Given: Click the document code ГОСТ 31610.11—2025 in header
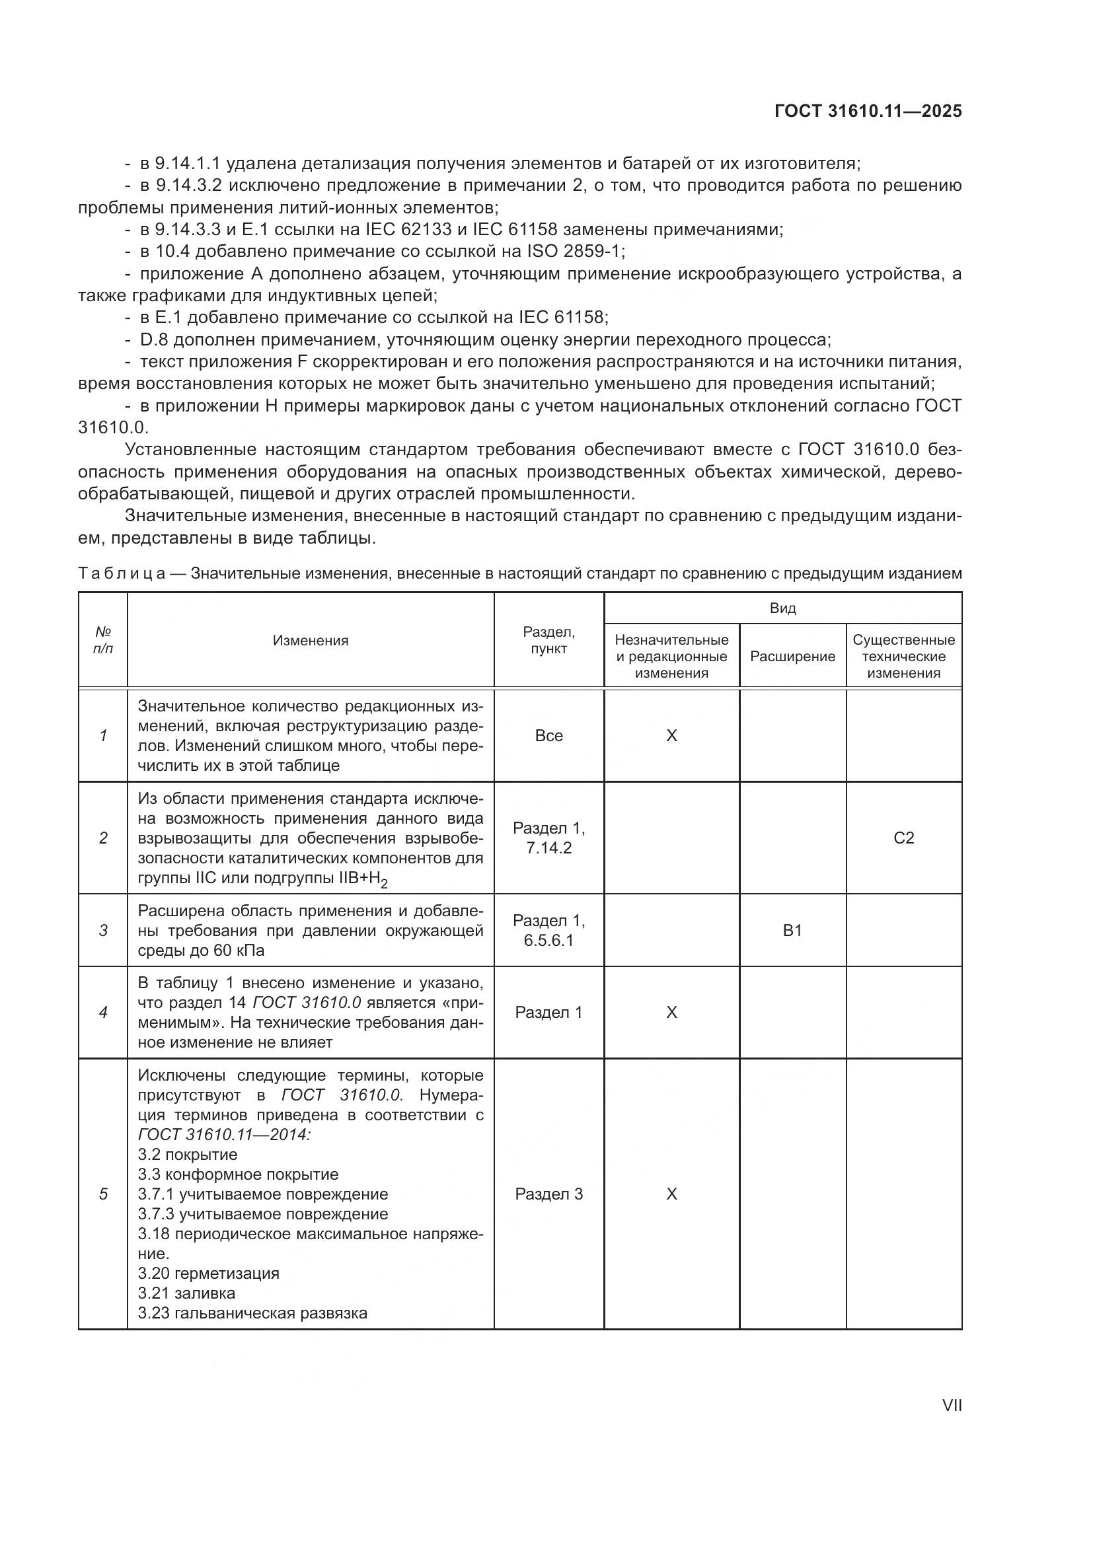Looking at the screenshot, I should pyautogui.click(x=868, y=112).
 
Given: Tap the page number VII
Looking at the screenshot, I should pyautogui.click(x=952, y=1406).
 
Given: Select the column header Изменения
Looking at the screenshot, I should pyautogui.click(x=311, y=641).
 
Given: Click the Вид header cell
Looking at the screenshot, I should pyautogui.click(x=782, y=608).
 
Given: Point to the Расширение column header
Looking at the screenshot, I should pyautogui.click(x=792, y=657).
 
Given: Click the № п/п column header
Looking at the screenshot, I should pyautogui.click(x=103, y=641).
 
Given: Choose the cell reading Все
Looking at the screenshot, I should pyautogui.click(x=548, y=735).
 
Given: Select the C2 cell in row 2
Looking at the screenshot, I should pyautogui.click(x=903, y=838).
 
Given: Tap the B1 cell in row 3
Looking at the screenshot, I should pyautogui.click(x=792, y=931).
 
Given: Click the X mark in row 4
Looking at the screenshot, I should pyautogui.click(x=671, y=1013).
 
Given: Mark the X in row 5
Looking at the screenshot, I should pyautogui.click(x=671, y=1194).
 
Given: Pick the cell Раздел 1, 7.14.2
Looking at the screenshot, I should pyautogui.click(x=548, y=838).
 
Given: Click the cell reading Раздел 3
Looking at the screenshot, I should pyautogui.click(x=548, y=1194).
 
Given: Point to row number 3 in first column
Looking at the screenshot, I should pyautogui.click(x=103, y=931).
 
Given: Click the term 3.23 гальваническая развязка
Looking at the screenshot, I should pyautogui.click(x=252, y=1314).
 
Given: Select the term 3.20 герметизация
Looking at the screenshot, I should pyautogui.click(x=208, y=1274).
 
